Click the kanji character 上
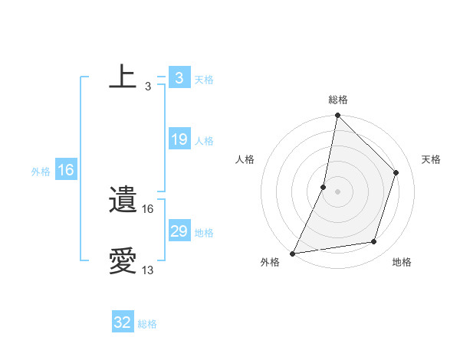click(123, 77)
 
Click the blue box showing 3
click(179, 78)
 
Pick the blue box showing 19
click(179, 139)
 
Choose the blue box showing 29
click(179, 231)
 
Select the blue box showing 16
click(66, 170)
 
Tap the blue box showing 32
click(123, 322)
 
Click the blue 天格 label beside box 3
click(204, 79)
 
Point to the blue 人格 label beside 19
click(204, 140)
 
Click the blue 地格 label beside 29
click(204, 232)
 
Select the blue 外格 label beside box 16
click(41, 172)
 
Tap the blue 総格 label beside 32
click(147, 324)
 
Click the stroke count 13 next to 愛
click(148, 270)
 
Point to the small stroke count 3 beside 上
click(147, 87)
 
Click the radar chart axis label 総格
click(337, 100)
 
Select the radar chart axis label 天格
click(431, 159)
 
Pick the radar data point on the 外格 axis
click(293, 253)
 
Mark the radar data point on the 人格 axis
click(324, 187)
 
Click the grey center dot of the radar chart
click(337, 191)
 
